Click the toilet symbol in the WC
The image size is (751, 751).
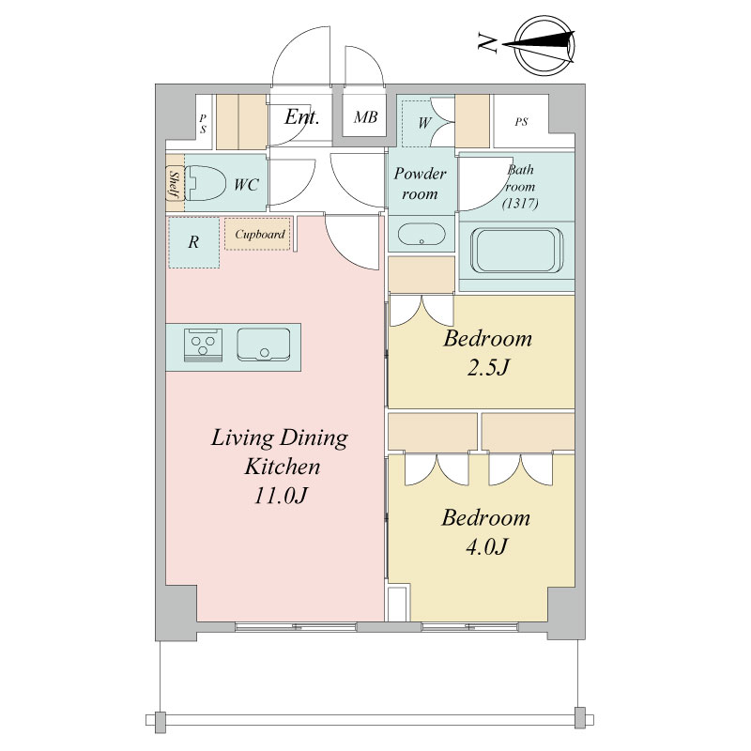[205, 183]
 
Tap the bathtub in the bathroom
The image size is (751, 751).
[517, 251]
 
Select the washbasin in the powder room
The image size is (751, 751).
[421, 234]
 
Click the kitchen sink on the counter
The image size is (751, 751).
[264, 345]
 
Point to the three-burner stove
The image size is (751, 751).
[203, 345]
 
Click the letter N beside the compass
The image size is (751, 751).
[487, 42]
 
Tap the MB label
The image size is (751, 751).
[365, 116]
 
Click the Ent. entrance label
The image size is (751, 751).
[301, 116]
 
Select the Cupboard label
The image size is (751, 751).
[260, 234]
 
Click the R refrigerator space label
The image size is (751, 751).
[193, 242]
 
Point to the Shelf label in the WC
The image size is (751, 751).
[175, 184]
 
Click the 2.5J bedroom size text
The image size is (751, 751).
[487, 368]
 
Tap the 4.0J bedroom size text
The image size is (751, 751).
[485, 546]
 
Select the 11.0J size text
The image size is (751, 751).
[280, 496]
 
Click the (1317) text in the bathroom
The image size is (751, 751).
[520, 204]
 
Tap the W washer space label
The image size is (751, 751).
[424, 123]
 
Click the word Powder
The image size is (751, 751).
[420, 173]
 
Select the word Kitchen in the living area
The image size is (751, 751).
[283, 467]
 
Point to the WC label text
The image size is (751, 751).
[246, 185]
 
